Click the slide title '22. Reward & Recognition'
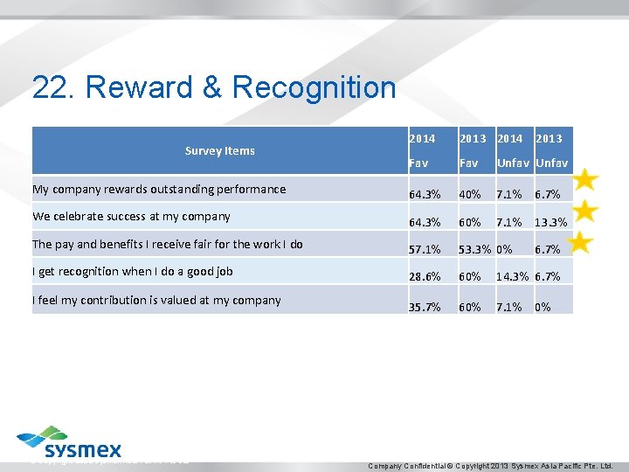(214, 88)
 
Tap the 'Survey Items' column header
(219, 151)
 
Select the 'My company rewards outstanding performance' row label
(159, 189)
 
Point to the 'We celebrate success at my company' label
(131, 216)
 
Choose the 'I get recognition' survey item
(133, 272)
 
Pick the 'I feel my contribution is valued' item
(156, 300)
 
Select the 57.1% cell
(424, 251)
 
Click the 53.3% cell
(476, 251)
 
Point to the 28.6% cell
(424, 277)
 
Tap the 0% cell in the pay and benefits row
(504, 251)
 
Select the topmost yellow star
(585, 180)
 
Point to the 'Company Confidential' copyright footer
(492, 465)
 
